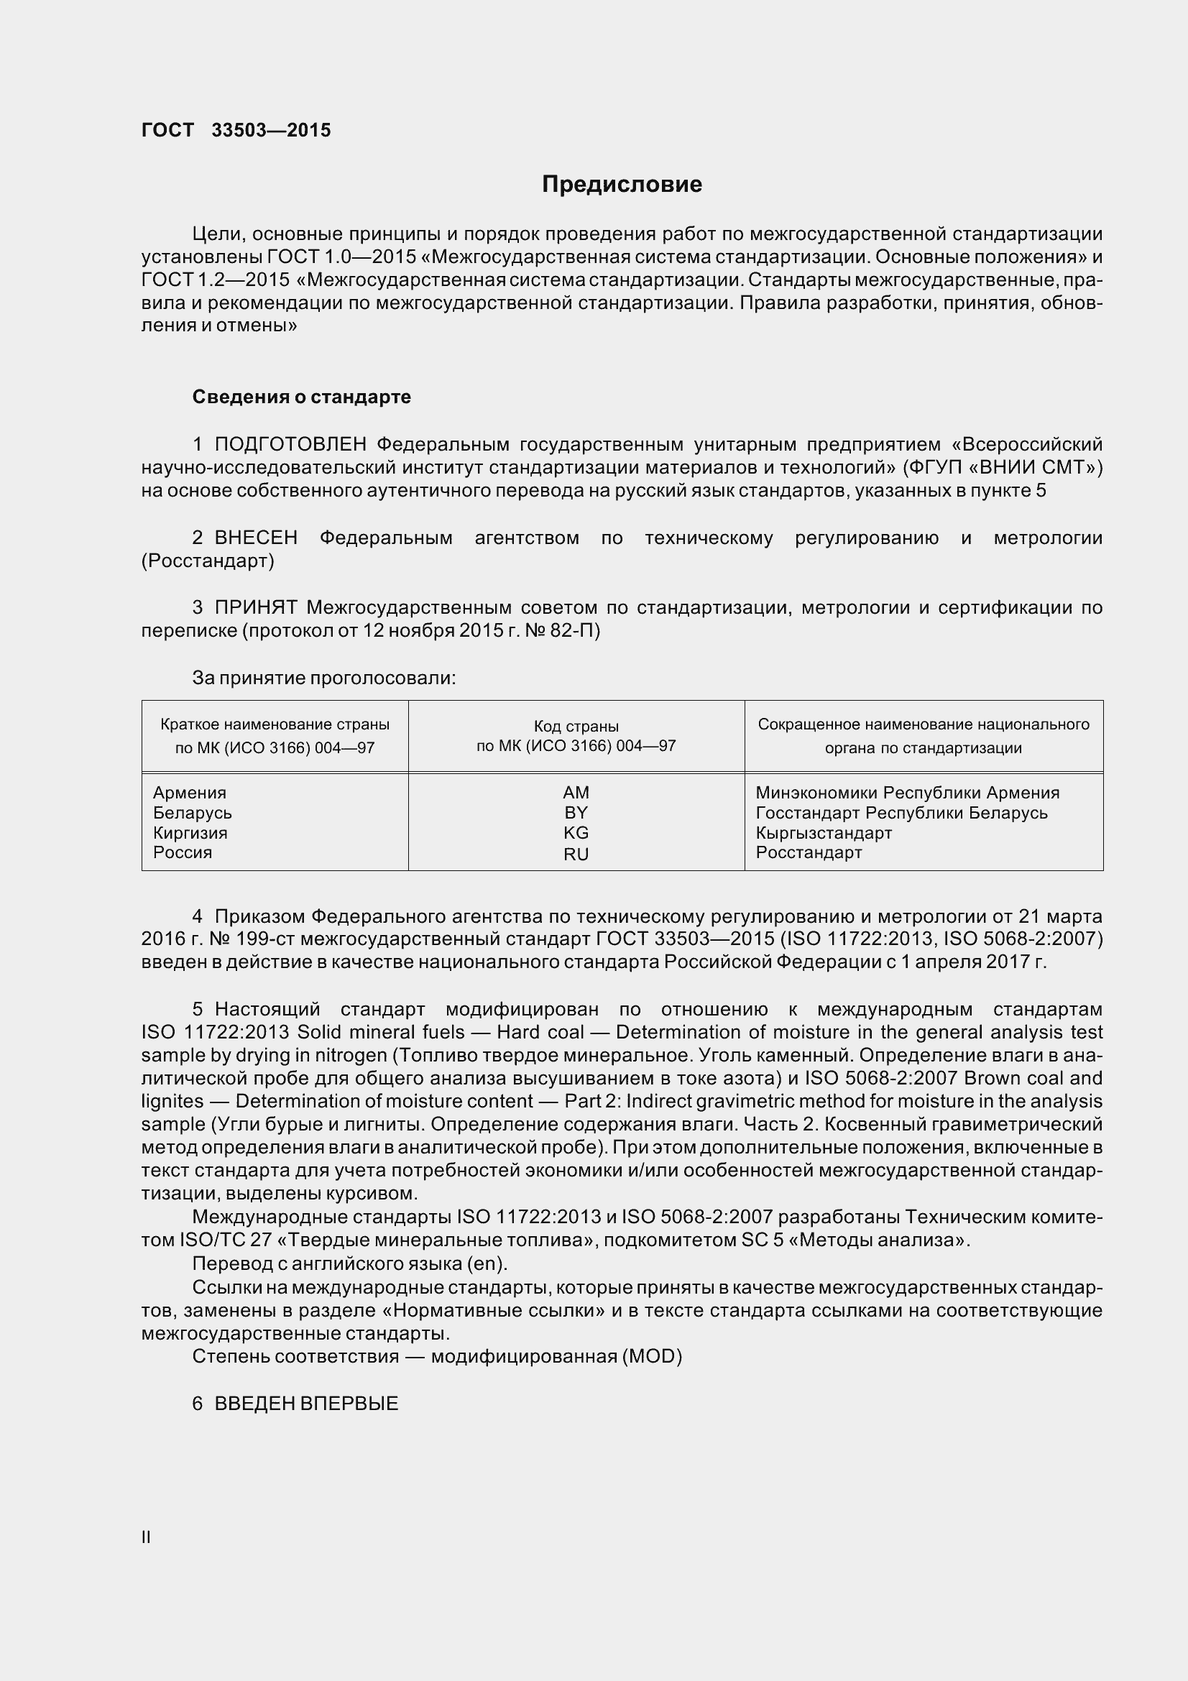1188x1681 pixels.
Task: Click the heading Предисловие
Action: point(622,184)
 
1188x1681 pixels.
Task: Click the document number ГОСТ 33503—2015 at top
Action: point(236,130)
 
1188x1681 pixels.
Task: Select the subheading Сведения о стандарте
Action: point(301,397)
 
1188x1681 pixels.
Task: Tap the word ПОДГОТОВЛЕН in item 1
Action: point(290,444)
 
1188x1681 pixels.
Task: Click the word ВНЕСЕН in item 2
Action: point(255,538)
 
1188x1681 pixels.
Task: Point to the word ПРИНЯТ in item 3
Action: point(255,607)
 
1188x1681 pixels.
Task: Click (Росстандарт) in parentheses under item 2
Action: point(208,561)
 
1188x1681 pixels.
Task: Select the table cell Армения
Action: point(190,792)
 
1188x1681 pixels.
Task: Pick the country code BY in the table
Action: point(576,813)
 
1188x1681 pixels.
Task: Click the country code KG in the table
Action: point(576,832)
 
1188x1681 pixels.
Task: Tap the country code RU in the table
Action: point(576,854)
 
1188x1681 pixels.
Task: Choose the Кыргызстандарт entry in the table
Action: point(824,832)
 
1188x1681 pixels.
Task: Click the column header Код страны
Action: point(576,727)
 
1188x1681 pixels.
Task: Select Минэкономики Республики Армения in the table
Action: point(907,792)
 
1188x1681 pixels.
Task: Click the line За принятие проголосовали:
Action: point(323,678)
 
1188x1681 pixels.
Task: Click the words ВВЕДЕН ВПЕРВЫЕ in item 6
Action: point(306,1404)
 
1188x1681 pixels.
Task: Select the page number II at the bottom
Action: point(147,1537)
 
